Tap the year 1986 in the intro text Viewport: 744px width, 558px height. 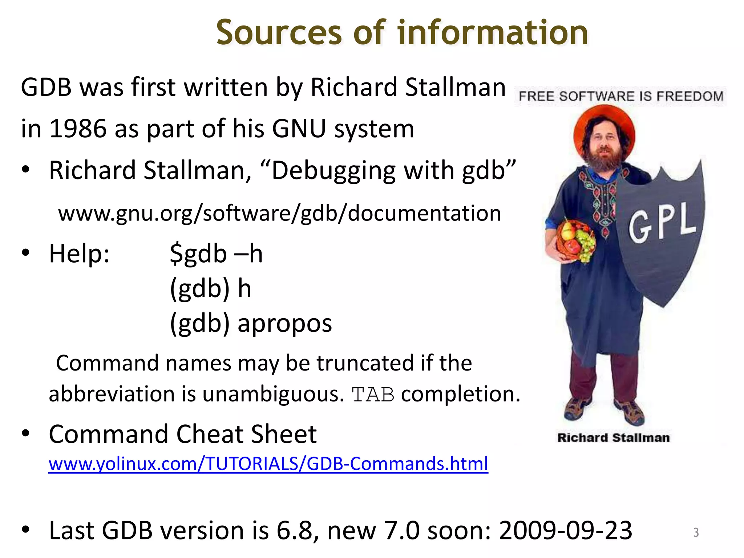pos(78,129)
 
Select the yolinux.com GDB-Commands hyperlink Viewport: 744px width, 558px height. pos(268,464)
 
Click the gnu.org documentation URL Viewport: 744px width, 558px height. pos(279,213)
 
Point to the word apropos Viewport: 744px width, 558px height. pos(284,323)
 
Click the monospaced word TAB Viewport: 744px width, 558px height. pos(373,395)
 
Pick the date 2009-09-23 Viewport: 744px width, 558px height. pos(565,530)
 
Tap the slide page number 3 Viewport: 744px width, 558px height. pos(696,533)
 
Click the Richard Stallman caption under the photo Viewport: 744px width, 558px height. pos(613,438)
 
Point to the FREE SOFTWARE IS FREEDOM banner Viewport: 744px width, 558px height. pos(621,96)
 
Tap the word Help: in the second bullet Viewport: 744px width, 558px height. pos(79,254)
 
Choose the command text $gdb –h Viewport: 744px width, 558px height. pos(216,254)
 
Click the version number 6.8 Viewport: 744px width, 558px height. pos(295,530)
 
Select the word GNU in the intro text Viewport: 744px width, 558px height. pos(299,129)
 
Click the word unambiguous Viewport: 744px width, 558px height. pos(273,394)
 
